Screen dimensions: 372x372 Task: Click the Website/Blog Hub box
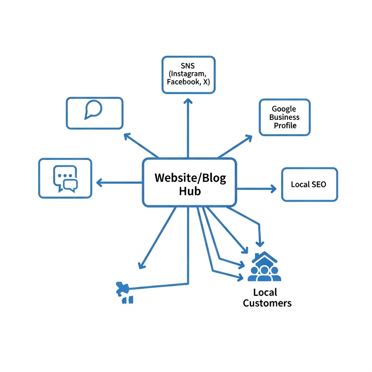(x=189, y=182)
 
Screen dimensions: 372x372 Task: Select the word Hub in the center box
(x=190, y=191)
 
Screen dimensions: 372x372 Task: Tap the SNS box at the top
(x=188, y=74)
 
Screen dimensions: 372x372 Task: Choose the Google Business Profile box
(x=285, y=117)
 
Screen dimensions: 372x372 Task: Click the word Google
(x=284, y=109)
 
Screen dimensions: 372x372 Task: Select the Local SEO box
(x=310, y=184)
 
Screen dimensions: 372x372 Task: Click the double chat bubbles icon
(x=65, y=178)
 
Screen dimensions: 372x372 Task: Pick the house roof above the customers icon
(x=265, y=258)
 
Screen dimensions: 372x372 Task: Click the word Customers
(x=267, y=303)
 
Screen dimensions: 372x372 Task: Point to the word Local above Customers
(x=265, y=292)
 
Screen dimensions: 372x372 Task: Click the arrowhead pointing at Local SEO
(x=273, y=188)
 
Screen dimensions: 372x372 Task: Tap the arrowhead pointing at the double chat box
(x=99, y=182)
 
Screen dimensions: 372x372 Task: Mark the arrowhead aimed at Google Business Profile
(x=249, y=138)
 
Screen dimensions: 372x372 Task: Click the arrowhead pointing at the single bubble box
(x=127, y=136)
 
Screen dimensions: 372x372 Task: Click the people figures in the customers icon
(x=264, y=274)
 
